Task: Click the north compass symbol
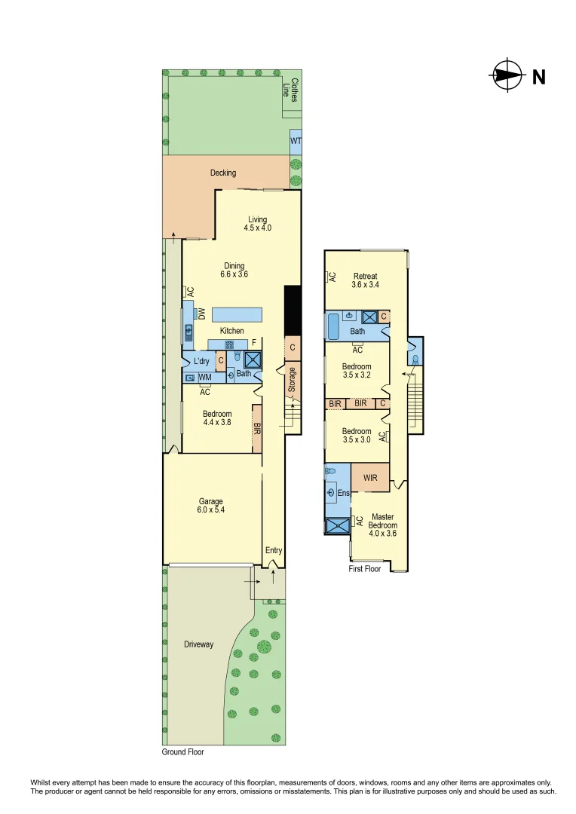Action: [507, 75]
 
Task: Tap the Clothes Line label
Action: [291, 90]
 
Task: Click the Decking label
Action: [223, 173]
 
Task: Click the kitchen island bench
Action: [237, 314]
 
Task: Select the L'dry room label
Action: [201, 362]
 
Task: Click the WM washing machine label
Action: [204, 377]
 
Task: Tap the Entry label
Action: [273, 551]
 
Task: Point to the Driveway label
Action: [199, 644]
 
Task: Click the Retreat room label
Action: [364, 277]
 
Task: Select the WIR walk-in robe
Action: [370, 478]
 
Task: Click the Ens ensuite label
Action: [344, 494]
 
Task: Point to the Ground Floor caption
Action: [183, 752]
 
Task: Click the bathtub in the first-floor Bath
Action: [333, 326]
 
